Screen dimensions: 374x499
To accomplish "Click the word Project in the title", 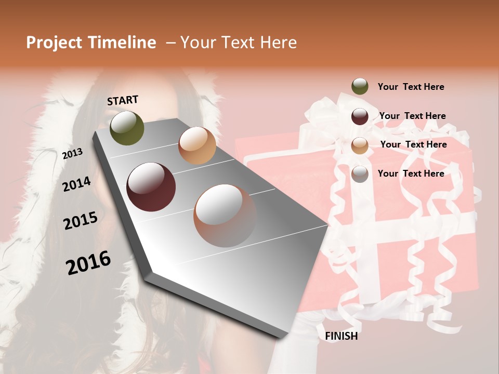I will (x=54, y=43).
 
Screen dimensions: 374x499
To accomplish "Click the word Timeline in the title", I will (x=122, y=43).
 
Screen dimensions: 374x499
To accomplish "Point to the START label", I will (x=123, y=100).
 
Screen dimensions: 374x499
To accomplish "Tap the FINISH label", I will (x=342, y=336).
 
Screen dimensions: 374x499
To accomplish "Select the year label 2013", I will (x=73, y=153).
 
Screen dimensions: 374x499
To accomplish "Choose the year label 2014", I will (x=77, y=184).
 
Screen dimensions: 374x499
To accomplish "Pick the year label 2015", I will (x=81, y=221).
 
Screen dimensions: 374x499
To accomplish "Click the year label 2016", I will (x=88, y=262).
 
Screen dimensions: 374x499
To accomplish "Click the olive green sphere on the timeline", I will (x=127, y=128).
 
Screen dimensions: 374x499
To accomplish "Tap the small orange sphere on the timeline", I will (x=197, y=145).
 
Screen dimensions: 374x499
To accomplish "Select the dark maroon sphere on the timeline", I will (x=151, y=187).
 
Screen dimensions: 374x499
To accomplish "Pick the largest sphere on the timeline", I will (x=225, y=216).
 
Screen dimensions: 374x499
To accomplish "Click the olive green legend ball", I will (x=360, y=86).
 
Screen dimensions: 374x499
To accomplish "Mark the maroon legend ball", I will (x=360, y=116).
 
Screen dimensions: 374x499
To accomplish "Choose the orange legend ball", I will (x=360, y=145).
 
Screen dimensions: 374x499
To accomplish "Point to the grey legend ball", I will (x=360, y=174).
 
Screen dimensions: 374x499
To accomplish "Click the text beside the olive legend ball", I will (x=411, y=87).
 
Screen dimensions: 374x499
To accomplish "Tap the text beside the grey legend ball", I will (x=411, y=173).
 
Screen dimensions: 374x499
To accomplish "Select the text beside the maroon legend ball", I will (x=412, y=116).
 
